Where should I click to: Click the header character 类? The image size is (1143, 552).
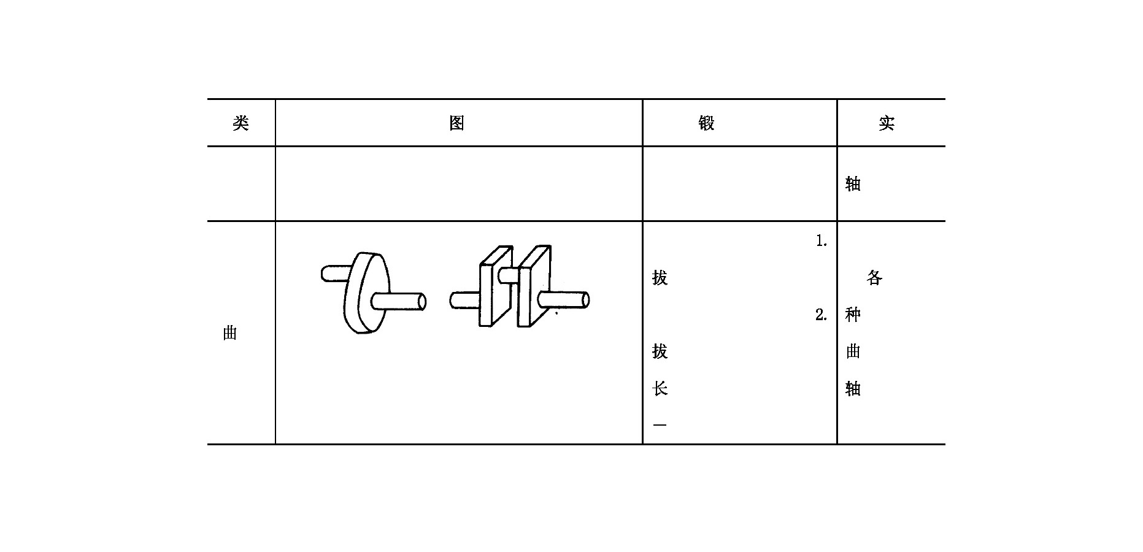tap(241, 123)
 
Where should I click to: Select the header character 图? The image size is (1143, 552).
tap(456, 123)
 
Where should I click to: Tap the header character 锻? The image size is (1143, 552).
tap(707, 123)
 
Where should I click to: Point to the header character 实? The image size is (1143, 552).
tap(887, 123)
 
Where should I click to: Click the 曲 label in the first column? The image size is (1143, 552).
tap(230, 333)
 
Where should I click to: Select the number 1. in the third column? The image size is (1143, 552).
tap(822, 242)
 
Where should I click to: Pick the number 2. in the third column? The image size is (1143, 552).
tap(822, 315)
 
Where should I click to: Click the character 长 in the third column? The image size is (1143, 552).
tap(660, 388)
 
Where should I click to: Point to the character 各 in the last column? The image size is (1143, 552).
tap(874, 278)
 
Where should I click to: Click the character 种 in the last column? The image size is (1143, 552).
tap(853, 315)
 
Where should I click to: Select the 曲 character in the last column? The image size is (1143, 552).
tap(853, 351)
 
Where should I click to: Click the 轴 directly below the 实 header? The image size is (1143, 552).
tap(853, 184)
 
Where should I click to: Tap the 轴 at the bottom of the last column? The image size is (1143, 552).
tap(853, 388)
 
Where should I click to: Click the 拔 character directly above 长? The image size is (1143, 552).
tap(660, 351)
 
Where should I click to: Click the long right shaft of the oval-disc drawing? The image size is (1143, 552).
tap(399, 302)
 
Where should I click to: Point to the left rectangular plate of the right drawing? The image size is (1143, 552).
tap(495, 286)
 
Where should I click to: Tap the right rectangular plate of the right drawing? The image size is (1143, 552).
tap(534, 286)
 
